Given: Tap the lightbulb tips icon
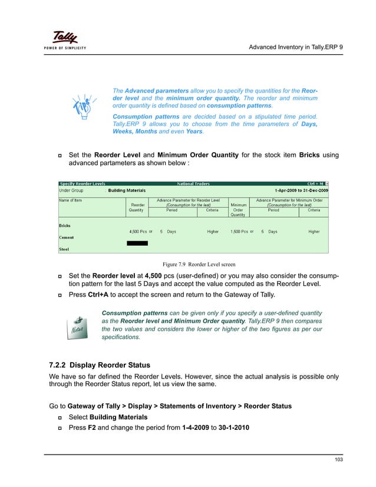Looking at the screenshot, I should coord(83,109).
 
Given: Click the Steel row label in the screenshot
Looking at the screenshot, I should coord(64,249).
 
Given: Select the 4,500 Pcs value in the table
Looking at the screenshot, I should coord(138,232).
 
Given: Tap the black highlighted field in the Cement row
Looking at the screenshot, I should coord(137,243).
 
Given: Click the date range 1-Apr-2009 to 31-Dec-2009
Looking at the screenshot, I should coord(300,190).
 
